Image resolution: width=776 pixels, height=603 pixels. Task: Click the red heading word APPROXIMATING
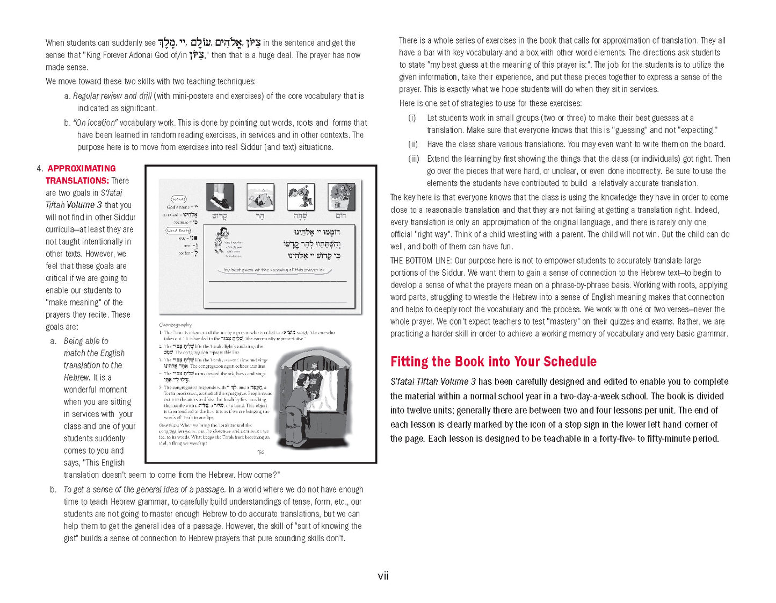[x=82, y=168]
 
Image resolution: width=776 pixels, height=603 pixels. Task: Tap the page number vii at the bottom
[x=383, y=576]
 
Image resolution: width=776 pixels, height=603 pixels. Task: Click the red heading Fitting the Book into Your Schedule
[x=493, y=361]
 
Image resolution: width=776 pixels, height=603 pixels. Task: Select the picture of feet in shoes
[x=220, y=197]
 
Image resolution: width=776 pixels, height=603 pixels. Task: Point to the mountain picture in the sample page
[x=260, y=197]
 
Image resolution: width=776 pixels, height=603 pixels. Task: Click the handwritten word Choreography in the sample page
[x=175, y=325]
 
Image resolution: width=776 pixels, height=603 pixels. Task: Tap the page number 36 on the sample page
[x=260, y=452]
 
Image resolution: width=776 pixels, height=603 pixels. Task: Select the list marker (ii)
[x=413, y=144]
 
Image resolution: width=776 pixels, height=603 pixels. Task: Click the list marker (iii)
[x=414, y=159]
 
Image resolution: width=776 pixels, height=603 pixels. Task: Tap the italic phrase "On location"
[x=95, y=123]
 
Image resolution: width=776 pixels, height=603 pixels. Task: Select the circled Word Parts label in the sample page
[x=178, y=230]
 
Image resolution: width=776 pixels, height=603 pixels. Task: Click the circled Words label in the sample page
[x=179, y=199]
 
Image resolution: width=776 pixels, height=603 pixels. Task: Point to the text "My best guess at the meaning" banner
[x=274, y=270]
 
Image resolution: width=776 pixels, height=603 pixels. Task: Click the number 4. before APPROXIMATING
[x=40, y=168]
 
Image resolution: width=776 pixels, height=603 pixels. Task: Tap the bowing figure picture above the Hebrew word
[x=301, y=197]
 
